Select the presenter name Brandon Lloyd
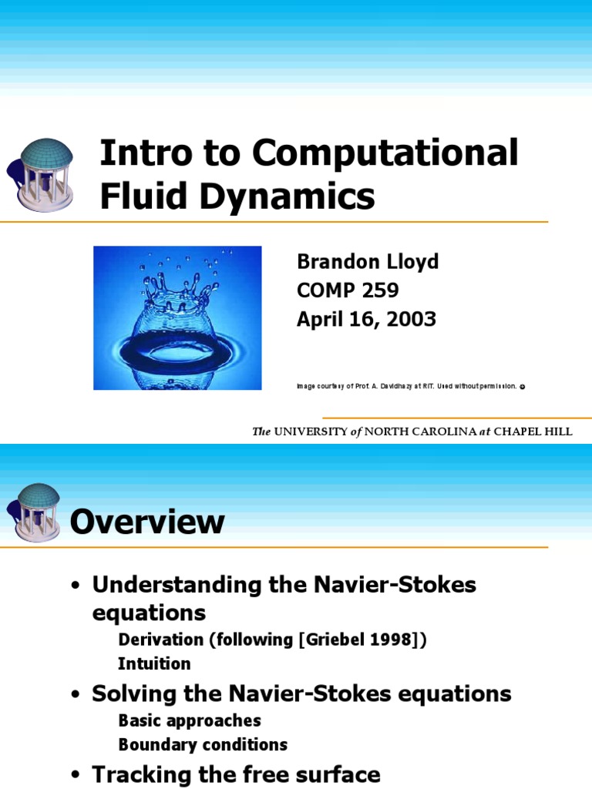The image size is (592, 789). pos(368,262)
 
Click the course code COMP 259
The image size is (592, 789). pos(348,290)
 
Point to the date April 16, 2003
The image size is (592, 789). pos(366,319)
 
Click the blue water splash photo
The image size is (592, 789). pos(177,317)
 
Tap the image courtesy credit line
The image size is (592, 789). pos(409,385)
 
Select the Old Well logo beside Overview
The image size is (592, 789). pos(34,512)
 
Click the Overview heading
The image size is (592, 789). pos(147,522)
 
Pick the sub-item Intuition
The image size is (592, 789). pos(154,663)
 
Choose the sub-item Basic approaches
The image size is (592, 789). pos(190,720)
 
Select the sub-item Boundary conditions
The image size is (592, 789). pos(203,745)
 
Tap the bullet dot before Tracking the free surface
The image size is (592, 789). pos(76,776)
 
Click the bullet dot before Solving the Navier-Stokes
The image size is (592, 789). pos(76,695)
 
